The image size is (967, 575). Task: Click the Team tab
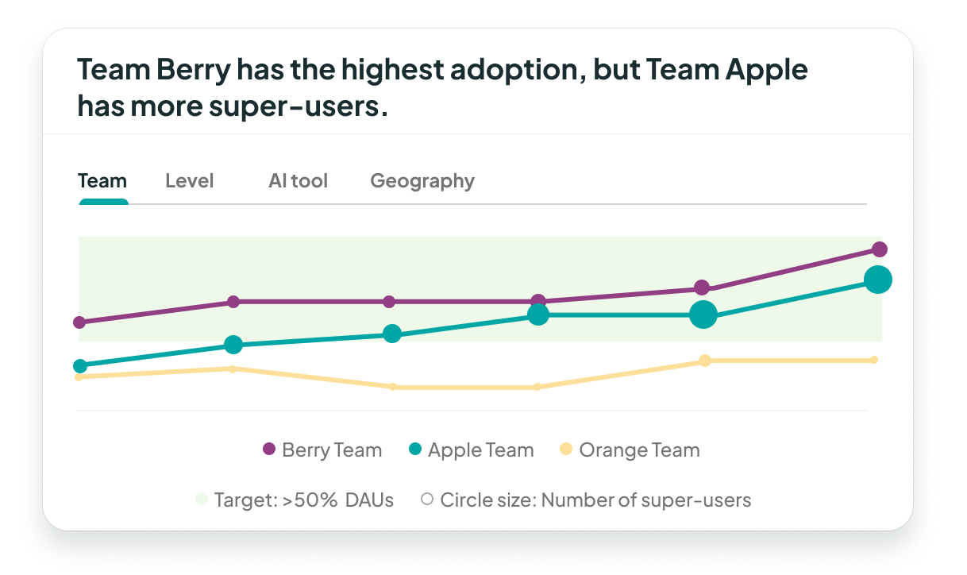(x=102, y=181)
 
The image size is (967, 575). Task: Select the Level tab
(x=189, y=181)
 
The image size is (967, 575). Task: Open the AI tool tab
(x=298, y=181)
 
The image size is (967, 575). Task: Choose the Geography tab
(x=422, y=181)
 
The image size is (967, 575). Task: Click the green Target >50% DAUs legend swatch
(x=202, y=500)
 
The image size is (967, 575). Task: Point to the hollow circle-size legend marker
(x=427, y=500)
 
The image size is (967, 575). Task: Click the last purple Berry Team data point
(x=879, y=249)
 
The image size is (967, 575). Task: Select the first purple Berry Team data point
(x=79, y=322)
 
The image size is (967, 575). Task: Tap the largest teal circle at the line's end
(x=878, y=280)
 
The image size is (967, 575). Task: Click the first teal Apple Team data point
(x=79, y=366)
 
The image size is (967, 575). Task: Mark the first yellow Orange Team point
(x=78, y=377)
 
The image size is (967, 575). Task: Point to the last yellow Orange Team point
(x=874, y=360)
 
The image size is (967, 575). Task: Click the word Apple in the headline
(x=767, y=70)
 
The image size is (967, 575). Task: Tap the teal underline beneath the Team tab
(x=103, y=202)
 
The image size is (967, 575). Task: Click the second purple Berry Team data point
(x=233, y=302)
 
